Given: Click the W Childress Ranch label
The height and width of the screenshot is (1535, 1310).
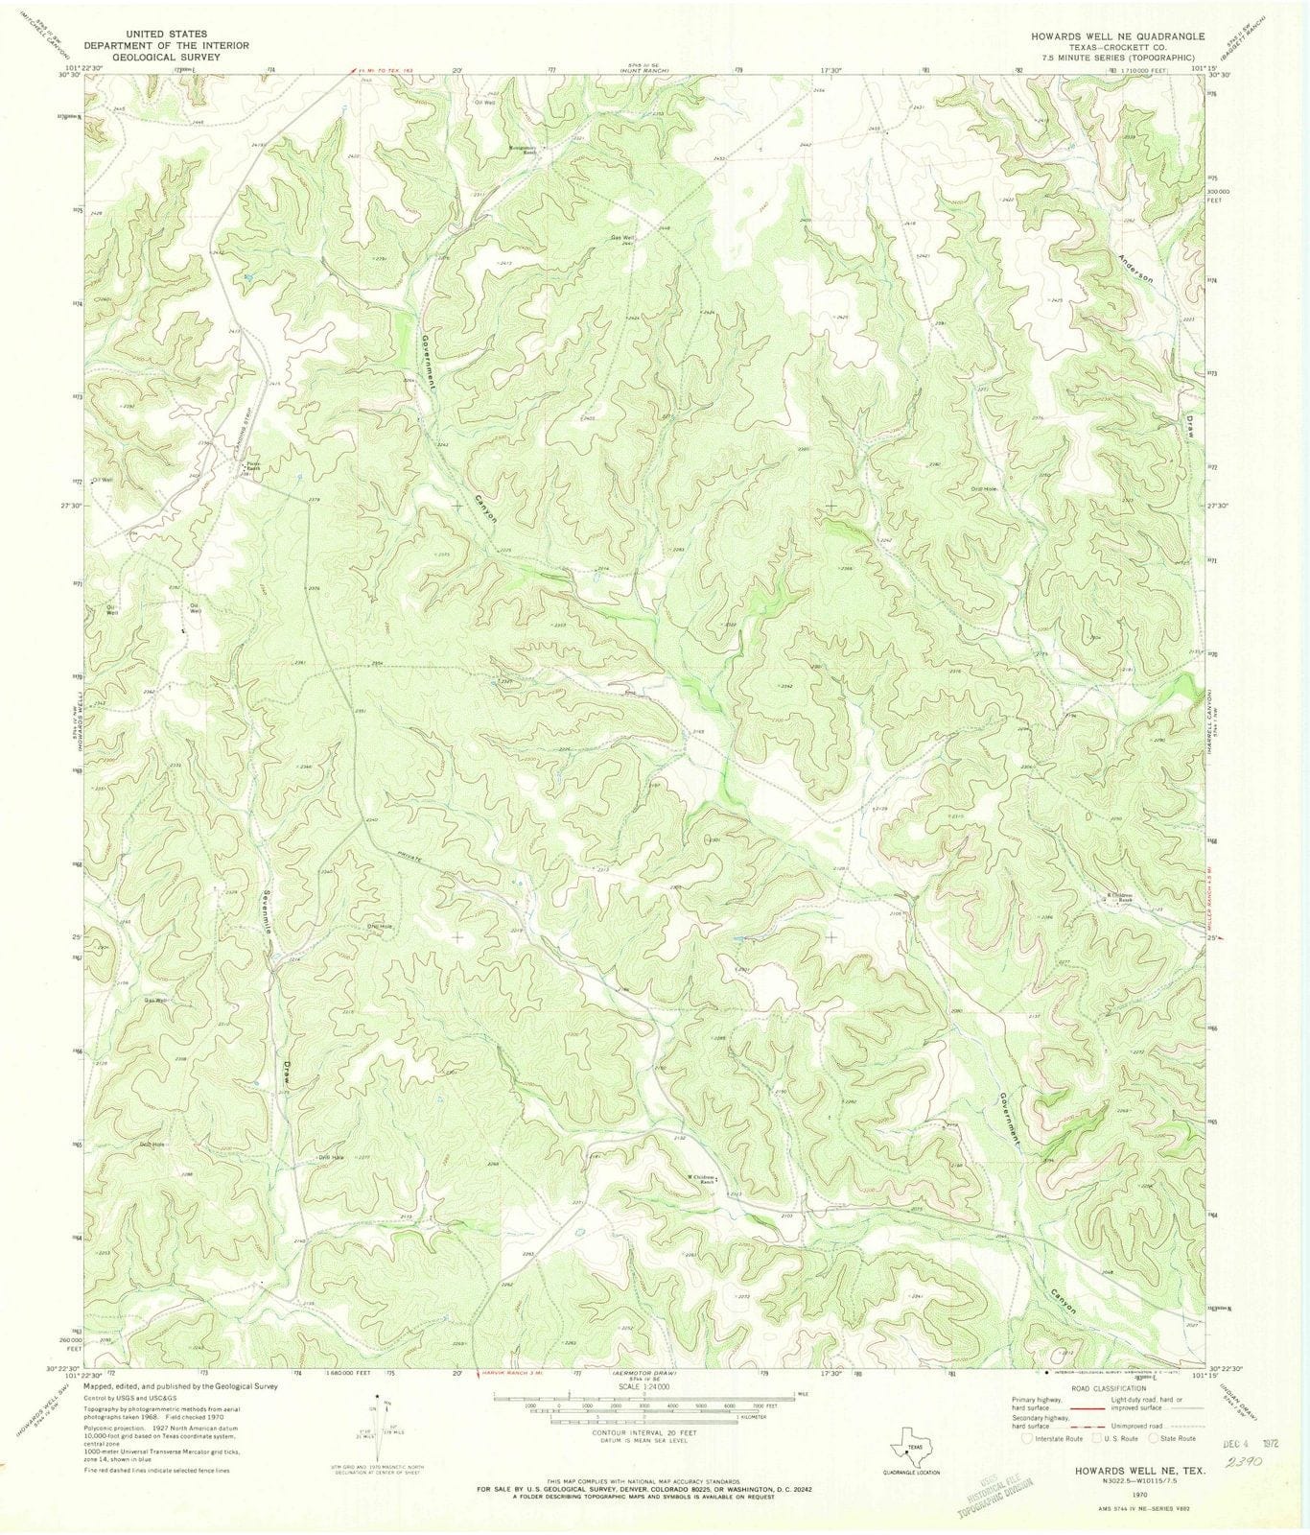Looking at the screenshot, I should click(701, 1179).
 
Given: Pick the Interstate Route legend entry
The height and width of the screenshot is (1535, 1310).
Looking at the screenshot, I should click(1055, 1439).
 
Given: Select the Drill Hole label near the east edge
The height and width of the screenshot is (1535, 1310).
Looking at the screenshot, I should click(985, 490).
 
